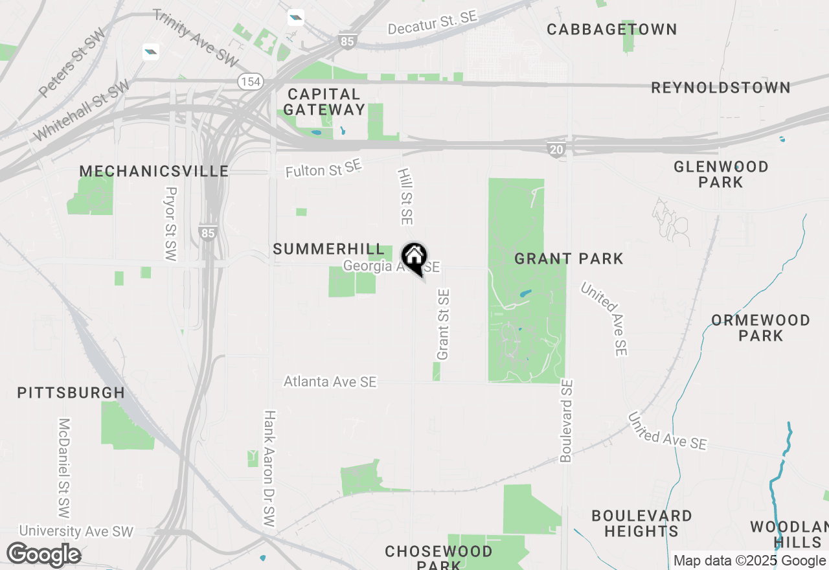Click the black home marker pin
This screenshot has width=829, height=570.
pos(414,257)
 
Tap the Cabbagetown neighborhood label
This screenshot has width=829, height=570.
pos(611,29)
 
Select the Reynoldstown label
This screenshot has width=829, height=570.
pos(720,87)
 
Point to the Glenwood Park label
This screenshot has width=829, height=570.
pos(721,174)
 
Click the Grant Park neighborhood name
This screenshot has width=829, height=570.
pos(569,259)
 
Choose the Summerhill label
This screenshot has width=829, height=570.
pos(328,249)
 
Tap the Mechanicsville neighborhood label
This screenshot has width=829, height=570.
pos(154,172)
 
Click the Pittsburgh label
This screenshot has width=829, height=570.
pos(71,393)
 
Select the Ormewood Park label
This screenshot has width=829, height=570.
pos(760,328)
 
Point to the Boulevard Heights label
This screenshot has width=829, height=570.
pos(641,523)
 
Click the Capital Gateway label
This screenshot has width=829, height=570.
pos(324,102)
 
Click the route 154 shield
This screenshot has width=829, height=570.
pos(249,82)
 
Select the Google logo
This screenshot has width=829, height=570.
pos(44,555)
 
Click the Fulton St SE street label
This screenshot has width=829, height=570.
pos(323,169)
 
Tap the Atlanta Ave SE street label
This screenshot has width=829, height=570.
pos(330,382)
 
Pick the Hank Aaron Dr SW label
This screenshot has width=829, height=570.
pos(269,468)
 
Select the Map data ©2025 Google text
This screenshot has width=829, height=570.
pos(749,560)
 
